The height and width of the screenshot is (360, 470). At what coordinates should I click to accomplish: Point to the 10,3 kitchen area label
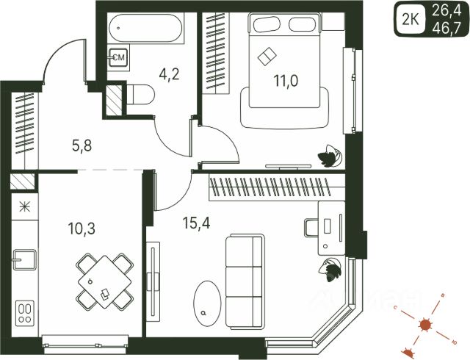coord(79,228)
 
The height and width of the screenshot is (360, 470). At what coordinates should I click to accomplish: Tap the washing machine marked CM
coord(118,57)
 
